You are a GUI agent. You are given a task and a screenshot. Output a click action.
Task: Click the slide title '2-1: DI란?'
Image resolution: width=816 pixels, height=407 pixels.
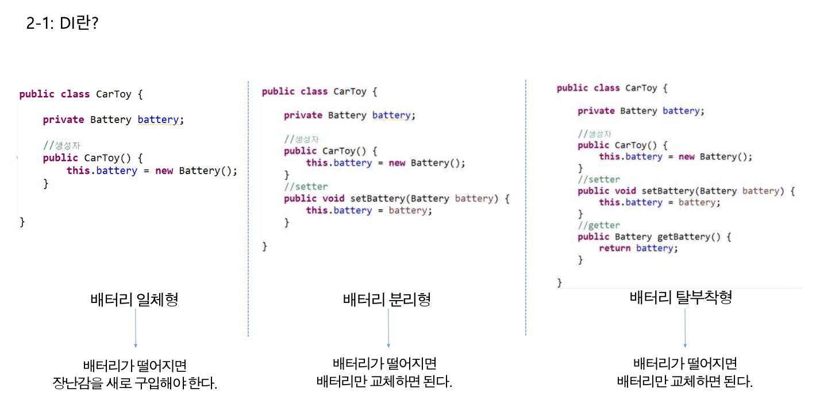click(x=62, y=24)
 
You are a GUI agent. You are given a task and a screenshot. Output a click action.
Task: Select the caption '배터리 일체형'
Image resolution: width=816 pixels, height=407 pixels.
click(x=134, y=300)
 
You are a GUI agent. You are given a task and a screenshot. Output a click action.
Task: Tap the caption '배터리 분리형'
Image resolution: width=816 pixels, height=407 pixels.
click(x=387, y=300)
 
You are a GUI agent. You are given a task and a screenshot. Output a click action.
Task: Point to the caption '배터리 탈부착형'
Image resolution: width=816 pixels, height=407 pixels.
click(x=681, y=298)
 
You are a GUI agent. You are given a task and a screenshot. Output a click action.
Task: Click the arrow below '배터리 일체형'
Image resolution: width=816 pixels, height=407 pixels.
click(x=136, y=328)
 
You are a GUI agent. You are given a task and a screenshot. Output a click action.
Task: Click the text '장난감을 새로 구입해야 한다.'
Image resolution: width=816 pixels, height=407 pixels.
click(x=135, y=383)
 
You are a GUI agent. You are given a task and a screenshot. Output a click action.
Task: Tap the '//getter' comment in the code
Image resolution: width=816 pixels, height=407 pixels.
click(x=599, y=225)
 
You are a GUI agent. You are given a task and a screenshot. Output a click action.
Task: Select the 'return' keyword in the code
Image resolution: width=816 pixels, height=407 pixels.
click(x=614, y=248)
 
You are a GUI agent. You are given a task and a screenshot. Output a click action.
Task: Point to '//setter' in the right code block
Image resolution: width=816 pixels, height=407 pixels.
click(x=599, y=179)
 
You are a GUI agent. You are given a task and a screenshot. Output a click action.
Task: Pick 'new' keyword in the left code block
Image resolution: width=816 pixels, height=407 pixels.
click(x=164, y=171)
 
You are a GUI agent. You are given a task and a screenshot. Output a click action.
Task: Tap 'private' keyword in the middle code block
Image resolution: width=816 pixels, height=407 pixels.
click(x=303, y=116)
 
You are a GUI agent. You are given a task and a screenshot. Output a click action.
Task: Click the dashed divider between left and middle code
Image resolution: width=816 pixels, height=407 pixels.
click(x=248, y=207)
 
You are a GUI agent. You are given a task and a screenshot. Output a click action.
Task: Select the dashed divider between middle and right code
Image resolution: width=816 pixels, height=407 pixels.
click(x=526, y=207)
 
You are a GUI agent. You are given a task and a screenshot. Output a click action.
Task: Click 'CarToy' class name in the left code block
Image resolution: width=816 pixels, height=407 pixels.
click(x=114, y=94)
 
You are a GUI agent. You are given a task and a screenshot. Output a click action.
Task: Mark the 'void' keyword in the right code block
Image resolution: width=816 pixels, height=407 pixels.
click(x=625, y=191)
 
